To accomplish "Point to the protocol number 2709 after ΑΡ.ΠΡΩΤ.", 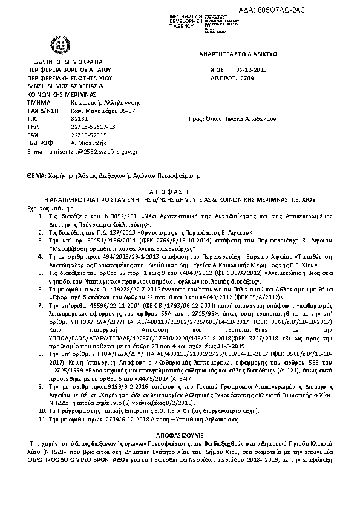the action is (247, 79).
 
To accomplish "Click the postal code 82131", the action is (71, 119).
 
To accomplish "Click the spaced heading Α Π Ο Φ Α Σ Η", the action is (180, 190).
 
